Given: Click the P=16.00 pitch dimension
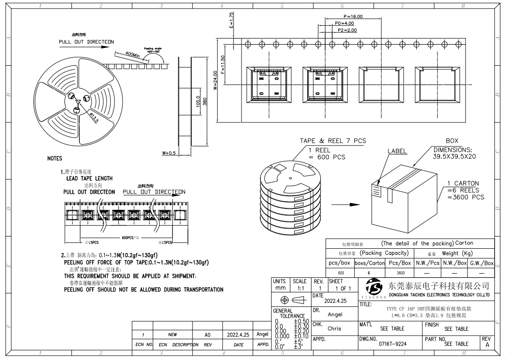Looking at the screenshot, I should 353,16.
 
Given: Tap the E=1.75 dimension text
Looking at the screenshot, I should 231,21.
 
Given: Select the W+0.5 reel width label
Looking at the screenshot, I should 168,153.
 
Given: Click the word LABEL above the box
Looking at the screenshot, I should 397,152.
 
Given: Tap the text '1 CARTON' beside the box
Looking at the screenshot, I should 463,184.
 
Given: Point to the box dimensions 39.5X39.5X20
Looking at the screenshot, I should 454,156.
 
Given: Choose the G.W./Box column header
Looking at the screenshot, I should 482,263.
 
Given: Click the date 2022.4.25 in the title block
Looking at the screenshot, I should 335,301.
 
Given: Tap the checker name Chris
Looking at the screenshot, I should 334,329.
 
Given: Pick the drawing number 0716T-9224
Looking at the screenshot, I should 393,344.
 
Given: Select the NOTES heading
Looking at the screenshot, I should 54,159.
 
